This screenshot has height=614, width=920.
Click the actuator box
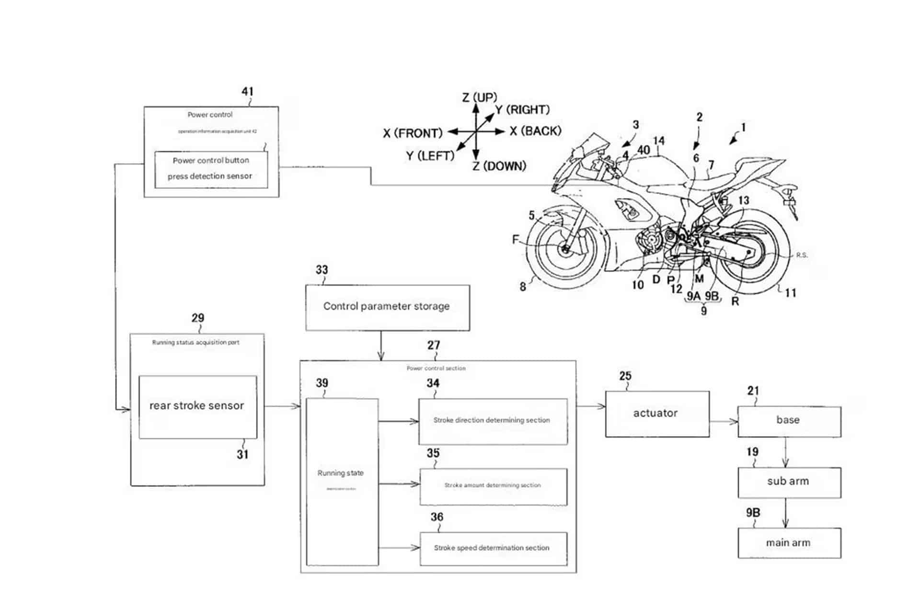click(x=657, y=413)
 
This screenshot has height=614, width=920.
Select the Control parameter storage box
click(x=387, y=307)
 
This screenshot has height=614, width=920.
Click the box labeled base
click(x=789, y=421)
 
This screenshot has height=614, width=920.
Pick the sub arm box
click(x=789, y=482)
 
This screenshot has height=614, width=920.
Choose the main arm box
click(x=789, y=543)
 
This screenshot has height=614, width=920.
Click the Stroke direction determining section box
click(x=493, y=421)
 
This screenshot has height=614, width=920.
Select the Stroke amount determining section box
click(x=493, y=486)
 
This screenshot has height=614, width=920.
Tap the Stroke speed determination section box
click(x=493, y=548)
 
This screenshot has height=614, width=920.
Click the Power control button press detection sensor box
click(x=211, y=169)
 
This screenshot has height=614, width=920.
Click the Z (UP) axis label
click(x=479, y=98)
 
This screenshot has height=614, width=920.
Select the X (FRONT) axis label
click(x=413, y=133)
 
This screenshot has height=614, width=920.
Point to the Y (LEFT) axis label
click(x=430, y=156)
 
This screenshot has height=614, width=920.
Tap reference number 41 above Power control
click(x=247, y=91)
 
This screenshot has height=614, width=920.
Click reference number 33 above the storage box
click(x=322, y=270)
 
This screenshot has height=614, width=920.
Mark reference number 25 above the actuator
click(x=625, y=376)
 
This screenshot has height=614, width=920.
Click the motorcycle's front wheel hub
click(x=565, y=249)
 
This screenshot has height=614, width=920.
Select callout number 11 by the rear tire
click(x=790, y=293)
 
